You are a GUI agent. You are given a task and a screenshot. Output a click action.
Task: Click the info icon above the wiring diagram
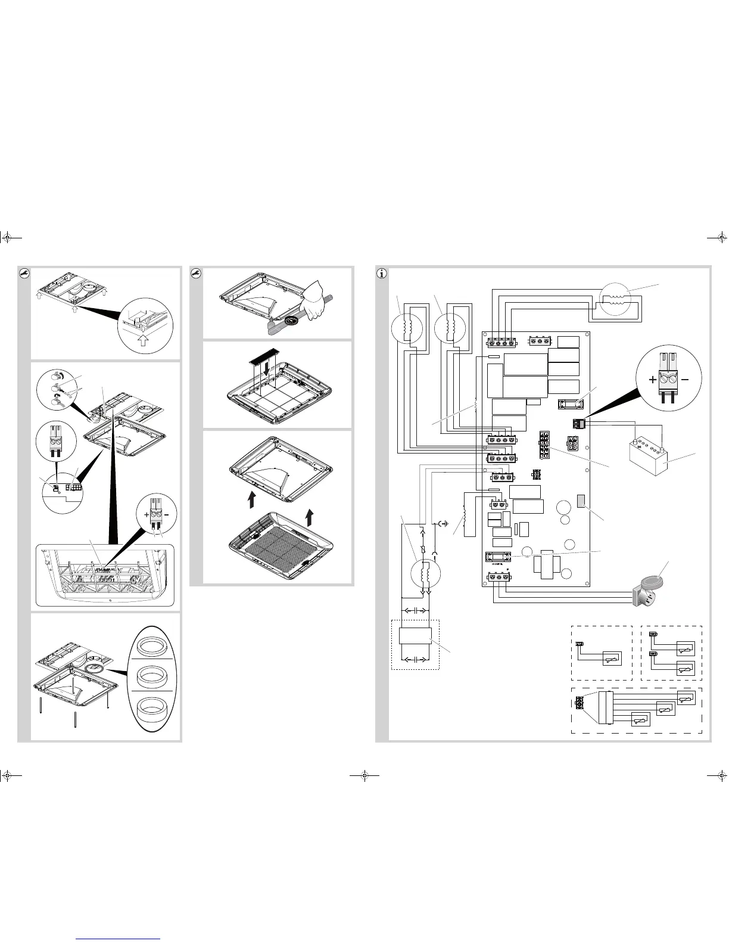[382, 274]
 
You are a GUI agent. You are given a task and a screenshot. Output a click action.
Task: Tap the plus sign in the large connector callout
[653, 379]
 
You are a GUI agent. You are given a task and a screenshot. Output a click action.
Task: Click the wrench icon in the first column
[24, 274]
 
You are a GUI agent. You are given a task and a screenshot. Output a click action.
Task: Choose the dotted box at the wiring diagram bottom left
[415, 645]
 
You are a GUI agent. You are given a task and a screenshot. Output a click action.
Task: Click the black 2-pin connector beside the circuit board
[577, 424]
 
